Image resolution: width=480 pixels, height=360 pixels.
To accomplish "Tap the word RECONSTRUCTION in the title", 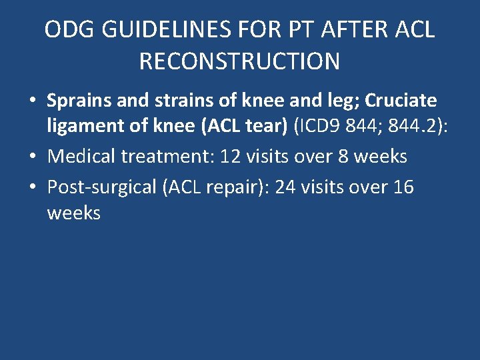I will coord(239,61).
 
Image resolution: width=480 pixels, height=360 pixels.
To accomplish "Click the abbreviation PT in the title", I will coord(289,30).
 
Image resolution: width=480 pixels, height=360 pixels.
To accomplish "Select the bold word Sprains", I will coord(77,101).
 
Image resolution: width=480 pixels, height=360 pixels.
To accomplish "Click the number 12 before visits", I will coord(231,157).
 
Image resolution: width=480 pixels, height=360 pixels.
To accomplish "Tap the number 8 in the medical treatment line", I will coord(329,157).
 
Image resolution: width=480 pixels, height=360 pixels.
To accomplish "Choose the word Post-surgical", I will coord(101,187).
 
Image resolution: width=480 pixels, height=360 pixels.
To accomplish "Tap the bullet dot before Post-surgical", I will coord(32,187).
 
